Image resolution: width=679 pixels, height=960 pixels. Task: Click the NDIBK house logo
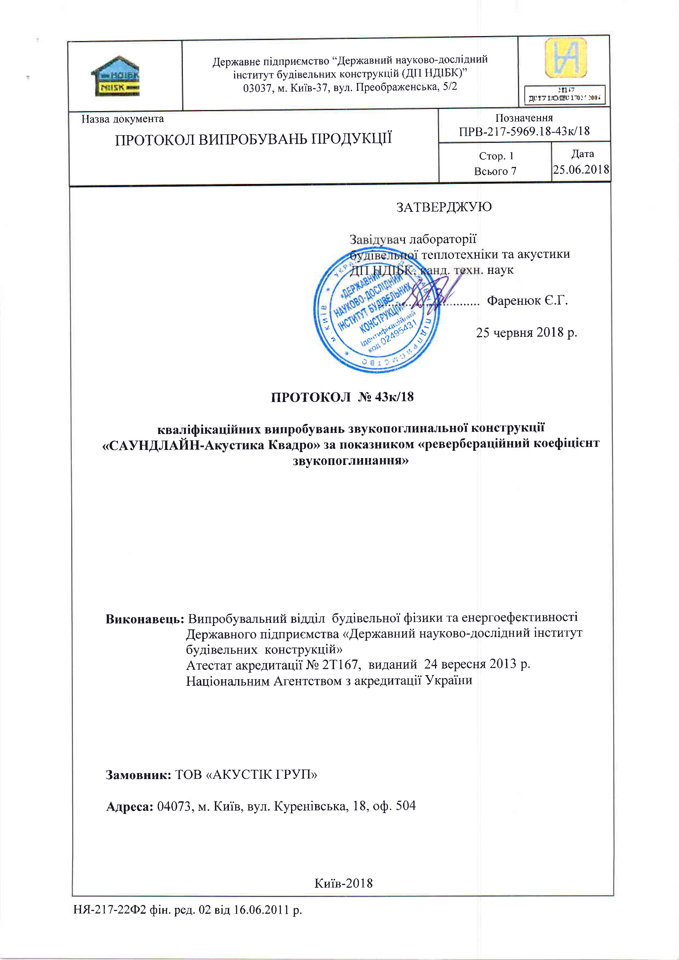tap(115, 76)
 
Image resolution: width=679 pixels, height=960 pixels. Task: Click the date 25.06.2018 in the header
tap(581, 169)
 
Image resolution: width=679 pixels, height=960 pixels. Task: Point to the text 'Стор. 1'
tap(496, 156)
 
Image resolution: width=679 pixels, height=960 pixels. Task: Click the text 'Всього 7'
tap(495, 171)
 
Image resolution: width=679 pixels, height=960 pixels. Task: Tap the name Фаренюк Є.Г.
tap(527, 301)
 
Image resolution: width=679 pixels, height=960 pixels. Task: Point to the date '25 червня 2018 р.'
tap(526, 332)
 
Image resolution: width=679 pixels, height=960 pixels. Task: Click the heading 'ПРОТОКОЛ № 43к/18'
tap(342, 397)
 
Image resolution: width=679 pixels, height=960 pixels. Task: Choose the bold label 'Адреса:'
tap(130, 806)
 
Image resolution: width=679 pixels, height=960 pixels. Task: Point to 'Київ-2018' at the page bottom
tap(343, 883)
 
